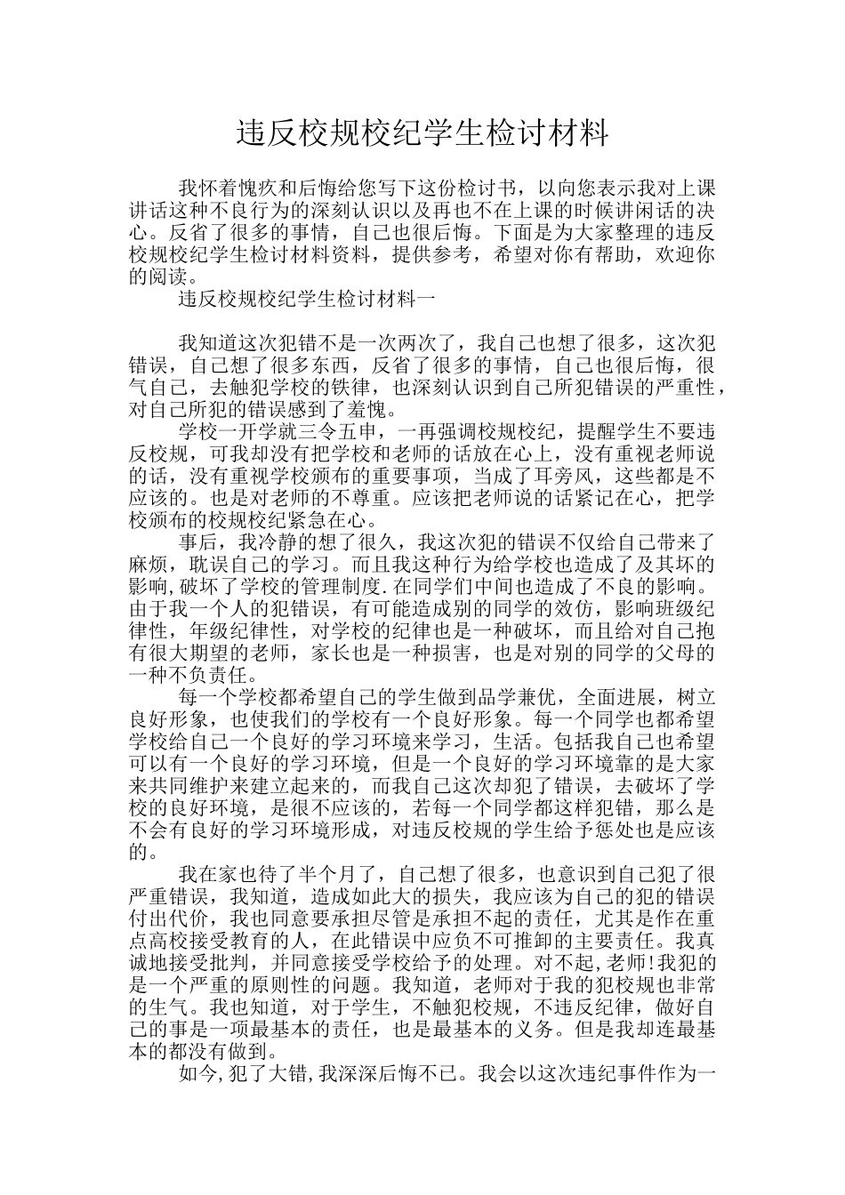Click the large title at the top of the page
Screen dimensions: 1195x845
(x=422, y=133)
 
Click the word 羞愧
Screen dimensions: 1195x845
(x=366, y=410)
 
